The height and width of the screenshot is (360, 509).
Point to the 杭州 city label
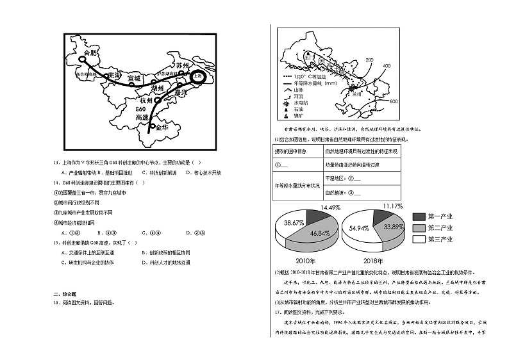pos(147,101)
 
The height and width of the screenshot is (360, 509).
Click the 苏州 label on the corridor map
pos(183,65)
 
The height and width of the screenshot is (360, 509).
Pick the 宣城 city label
pos(133,78)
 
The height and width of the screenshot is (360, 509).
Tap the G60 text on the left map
pos(141,110)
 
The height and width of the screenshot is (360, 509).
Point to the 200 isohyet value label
pos(369,60)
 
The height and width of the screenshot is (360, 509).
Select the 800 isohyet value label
pos(393,102)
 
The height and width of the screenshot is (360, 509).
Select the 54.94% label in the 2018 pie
pos(358,228)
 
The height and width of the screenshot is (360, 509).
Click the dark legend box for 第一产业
pos(419,217)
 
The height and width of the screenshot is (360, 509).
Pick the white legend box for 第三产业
pos(419,239)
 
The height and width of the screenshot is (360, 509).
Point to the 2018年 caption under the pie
pos(372,261)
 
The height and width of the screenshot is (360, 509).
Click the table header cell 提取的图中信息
pos(290,151)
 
